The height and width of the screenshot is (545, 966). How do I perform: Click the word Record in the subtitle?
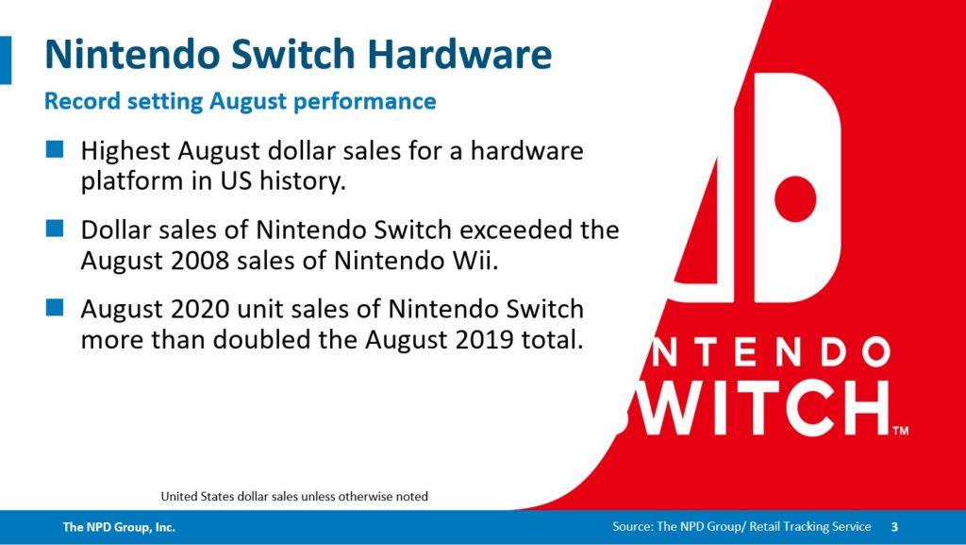pyautogui.click(x=83, y=101)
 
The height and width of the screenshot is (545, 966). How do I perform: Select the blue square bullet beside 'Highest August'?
pyautogui.click(x=55, y=149)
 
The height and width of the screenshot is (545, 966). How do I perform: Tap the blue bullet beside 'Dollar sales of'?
pyautogui.click(x=55, y=229)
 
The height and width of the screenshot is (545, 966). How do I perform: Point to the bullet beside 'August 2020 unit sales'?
pyautogui.click(x=55, y=307)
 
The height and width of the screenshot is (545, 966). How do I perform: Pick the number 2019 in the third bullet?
pyautogui.click(x=484, y=340)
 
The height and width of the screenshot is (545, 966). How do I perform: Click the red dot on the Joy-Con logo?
pyautogui.click(x=794, y=198)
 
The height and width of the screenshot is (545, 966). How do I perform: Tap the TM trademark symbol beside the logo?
pyautogui.click(x=901, y=431)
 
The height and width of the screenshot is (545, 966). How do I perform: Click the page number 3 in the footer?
pyautogui.click(x=894, y=527)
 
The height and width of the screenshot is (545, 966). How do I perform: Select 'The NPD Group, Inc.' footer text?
pyautogui.click(x=119, y=527)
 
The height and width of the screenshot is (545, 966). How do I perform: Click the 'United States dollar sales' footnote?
pyautogui.click(x=294, y=496)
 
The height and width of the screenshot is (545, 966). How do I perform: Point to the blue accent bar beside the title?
pyautogui.click(x=6, y=60)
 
